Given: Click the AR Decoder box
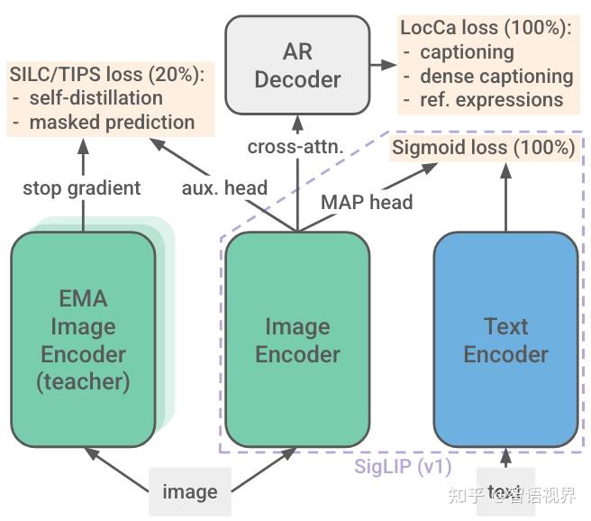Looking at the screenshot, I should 297,65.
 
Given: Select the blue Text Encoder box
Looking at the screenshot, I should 505,340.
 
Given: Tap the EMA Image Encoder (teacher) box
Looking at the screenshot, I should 83,340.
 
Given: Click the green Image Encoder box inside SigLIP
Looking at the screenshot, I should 297,340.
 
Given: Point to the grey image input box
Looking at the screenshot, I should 190,491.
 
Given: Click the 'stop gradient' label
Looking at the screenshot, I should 82,187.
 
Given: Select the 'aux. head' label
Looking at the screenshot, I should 224,187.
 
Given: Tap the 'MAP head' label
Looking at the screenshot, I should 367,202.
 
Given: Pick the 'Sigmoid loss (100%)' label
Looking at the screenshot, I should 483,147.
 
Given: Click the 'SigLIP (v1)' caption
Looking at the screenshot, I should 403,466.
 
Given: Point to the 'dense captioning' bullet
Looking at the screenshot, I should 496,76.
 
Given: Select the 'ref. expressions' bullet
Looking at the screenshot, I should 491,99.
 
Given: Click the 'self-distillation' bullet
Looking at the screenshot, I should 96,97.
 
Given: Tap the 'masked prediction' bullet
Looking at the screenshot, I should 112,122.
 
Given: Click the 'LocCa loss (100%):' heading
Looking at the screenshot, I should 486,28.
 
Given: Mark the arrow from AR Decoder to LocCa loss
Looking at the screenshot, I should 383,65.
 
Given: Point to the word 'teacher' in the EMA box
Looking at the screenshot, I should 83,381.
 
